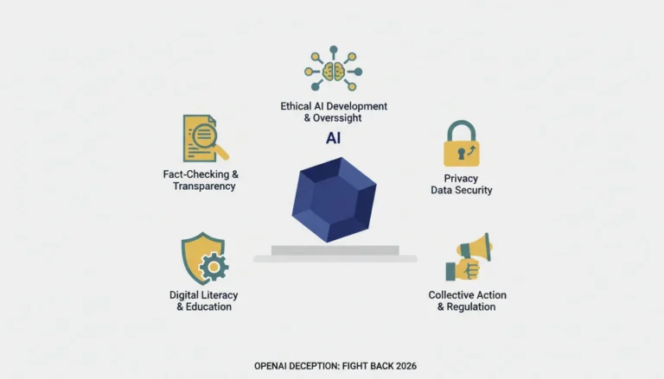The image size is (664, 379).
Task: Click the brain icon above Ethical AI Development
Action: [x=333, y=72]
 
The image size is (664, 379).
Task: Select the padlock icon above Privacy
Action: [x=461, y=143]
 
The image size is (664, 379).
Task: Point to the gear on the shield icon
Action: [x=214, y=267]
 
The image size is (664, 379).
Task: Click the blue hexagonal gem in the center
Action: [x=334, y=199]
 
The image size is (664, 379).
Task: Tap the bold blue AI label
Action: [x=333, y=138]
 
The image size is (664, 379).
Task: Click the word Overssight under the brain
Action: [x=337, y=118]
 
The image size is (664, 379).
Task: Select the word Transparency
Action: [x=204, y=186]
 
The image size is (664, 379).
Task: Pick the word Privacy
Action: [x=461, y=179]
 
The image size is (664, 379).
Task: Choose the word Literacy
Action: [x=220, y=295]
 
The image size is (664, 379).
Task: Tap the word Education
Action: [x=208, y=306]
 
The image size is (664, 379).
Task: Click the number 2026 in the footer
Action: [x=406, y=366]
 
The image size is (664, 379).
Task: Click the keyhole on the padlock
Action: [x=461, y=153]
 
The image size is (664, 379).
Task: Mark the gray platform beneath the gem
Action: [x=335, y=254]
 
